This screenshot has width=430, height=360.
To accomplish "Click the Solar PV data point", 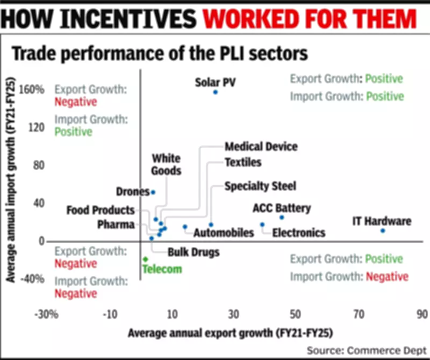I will [x=215, y=92].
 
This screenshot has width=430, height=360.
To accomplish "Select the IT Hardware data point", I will [x=383, y=231].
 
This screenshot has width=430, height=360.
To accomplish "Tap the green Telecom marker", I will [x=145, y=259].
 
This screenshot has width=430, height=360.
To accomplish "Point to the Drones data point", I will [x=153, y=192].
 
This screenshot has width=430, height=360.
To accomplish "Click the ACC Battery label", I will [x=282, y=208].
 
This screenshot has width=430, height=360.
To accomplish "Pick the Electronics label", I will [x=298, y=233].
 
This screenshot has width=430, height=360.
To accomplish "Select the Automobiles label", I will [x=223, y=233].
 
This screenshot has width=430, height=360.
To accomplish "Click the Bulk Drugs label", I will [x=193, y=251].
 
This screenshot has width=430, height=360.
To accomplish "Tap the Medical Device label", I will [x=261, y=147].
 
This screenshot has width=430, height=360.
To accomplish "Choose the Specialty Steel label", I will [x=260, y=186].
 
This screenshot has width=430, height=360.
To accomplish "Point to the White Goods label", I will [x=166, y=164].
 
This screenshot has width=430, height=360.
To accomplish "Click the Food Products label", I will [x=101, y=210].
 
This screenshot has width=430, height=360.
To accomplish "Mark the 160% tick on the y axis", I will [x=32, y=89].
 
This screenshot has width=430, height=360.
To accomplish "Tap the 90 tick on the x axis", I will [x=421, y=314].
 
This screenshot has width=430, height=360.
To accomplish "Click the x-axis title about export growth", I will [x=230, y=333].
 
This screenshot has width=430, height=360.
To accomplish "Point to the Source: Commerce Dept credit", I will [x=365, y=350].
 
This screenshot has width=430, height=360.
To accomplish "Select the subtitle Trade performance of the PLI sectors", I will [x=160, y=54].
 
